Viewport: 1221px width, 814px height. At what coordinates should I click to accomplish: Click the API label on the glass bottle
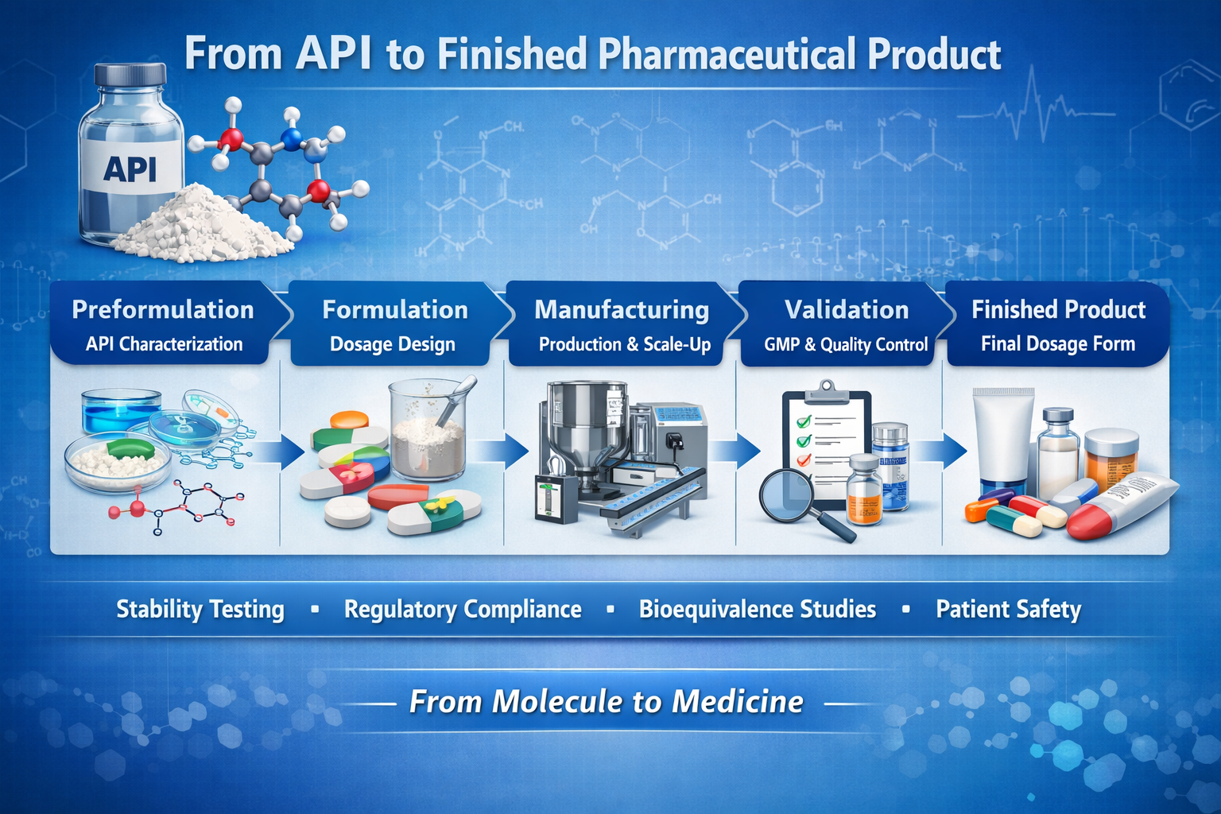[x=130, y=169]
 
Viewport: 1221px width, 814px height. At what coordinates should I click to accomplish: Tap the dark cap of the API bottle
[x=130, y=75]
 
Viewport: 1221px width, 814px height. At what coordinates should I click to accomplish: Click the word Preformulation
[x=163, y=310]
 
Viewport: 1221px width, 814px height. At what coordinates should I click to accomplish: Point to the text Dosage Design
[x=393, y=344]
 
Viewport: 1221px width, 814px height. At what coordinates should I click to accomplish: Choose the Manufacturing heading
[x=622, y=310]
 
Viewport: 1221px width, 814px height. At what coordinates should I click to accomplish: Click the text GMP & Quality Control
[x=846, y=344]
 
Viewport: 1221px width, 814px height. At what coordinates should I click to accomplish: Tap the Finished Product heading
[x=1059, y=310]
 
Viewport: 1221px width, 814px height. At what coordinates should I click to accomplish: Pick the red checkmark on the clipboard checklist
[x=804, y=460]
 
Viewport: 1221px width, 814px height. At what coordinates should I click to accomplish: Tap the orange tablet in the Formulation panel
[x=350, y=419]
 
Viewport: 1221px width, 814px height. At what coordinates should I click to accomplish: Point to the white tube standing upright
[x=1002, y=442]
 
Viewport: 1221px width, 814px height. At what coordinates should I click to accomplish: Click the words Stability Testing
[x=200, y=610]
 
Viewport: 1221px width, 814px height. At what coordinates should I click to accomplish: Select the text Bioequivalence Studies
[x=758, y=609]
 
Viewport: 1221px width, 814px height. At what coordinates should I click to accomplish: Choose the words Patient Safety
[x=1009, y=610]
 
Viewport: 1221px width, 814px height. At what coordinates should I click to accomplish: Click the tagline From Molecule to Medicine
[x=607, y=701]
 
